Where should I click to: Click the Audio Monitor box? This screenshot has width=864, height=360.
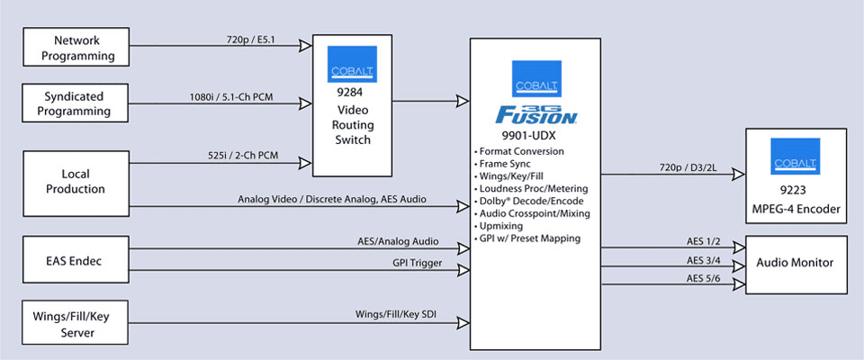pos(796,263)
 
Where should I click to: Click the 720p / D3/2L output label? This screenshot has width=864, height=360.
pos(680,167)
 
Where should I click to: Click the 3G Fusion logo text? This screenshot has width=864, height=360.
pos(536,115)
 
